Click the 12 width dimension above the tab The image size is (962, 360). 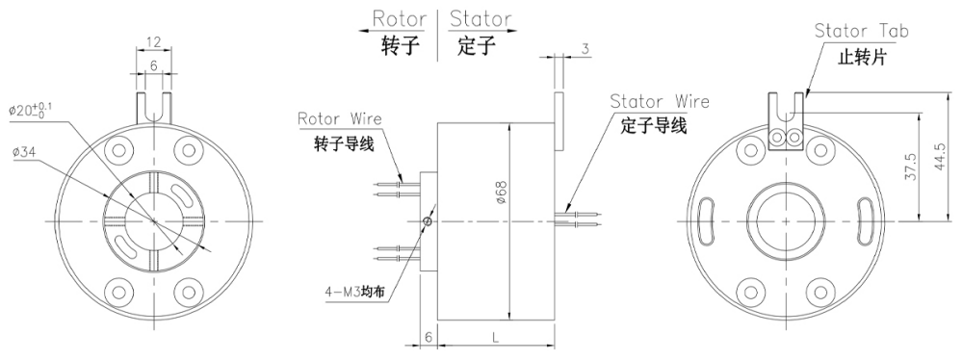(x=154, y=43)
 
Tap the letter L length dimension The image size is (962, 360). (x=495, y=339)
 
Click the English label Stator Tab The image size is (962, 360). (x=861, y=31)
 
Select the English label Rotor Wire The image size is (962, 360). (x=339, y=119)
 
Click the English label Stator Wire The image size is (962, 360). (x=660, y=101)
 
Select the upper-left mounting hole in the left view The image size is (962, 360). (x=121, y=150)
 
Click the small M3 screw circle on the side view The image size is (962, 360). (x=428, y=221)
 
